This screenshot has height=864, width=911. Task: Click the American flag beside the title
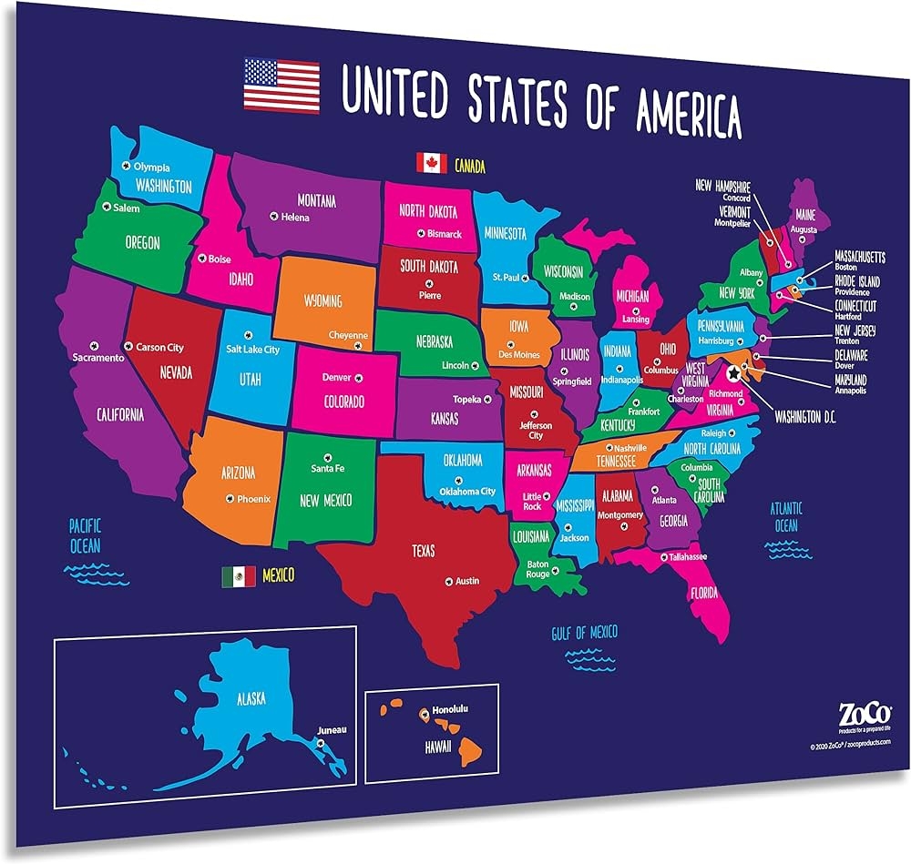point(281,85)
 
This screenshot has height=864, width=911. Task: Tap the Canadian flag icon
point(431,163)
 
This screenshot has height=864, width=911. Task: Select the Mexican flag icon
point(238,575)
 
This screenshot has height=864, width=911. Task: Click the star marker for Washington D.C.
point(733,371)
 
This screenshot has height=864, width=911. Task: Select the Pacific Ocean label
point(86,535)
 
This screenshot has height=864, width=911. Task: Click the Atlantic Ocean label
point(784,517)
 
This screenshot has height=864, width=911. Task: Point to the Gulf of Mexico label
point(584,633)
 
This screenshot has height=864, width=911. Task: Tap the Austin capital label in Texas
point(466,581)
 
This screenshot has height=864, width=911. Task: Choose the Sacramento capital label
point(97,358)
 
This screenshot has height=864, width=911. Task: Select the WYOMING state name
point(322,300)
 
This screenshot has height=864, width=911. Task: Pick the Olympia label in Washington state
point(151,168)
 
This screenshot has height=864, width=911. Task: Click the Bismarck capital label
point(445,234)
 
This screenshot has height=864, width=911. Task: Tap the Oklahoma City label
point(467,492)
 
